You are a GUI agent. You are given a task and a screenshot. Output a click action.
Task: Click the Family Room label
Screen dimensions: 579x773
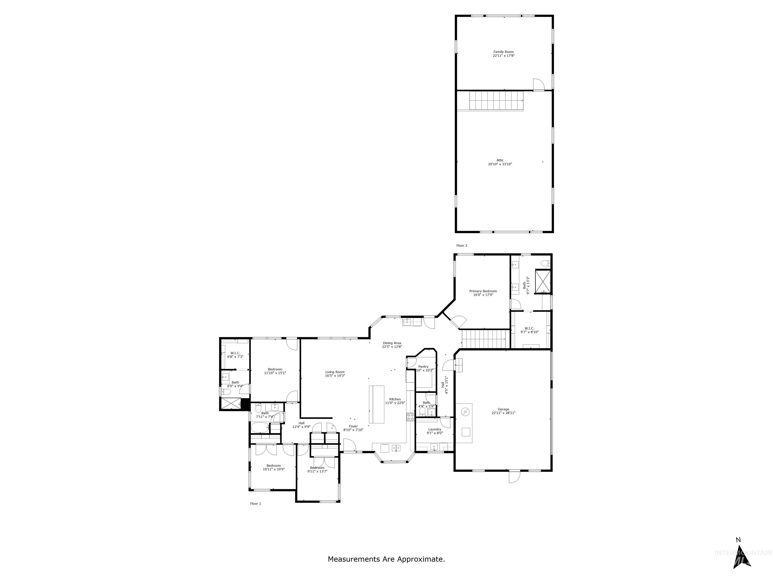click(504, 52)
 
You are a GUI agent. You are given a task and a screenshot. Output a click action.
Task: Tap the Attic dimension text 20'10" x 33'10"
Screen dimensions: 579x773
click(500, 164)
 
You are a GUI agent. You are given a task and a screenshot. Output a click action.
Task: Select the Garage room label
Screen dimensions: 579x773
click(503, 409)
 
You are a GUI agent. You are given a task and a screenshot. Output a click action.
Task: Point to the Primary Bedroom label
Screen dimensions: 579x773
click(483, 291)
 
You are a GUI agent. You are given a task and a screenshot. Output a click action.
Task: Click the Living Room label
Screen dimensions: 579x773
click(335, 372)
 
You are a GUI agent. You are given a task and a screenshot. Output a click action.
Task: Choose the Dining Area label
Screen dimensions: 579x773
click(392, 343)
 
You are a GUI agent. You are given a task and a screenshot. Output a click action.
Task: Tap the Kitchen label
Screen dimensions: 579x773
click(395, 399)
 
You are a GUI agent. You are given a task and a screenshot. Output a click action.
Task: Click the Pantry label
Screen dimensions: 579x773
click(423, 366)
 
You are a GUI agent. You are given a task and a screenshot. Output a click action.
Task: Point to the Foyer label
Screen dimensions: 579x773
click(353, 426)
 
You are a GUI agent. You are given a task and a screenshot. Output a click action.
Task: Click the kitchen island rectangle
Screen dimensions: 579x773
click(376, 404)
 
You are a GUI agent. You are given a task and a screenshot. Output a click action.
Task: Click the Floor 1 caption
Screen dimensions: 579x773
click(255, 504)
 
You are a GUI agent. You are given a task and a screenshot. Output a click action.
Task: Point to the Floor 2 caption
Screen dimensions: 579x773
click(462, 246)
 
